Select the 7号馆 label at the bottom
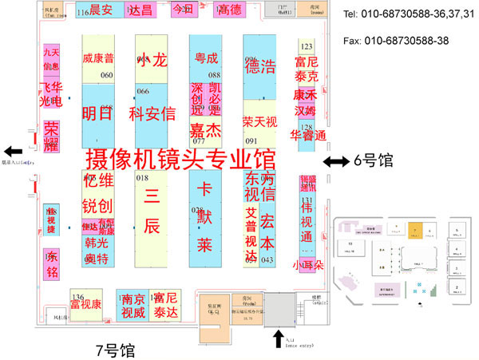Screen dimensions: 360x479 [x=115, y=350]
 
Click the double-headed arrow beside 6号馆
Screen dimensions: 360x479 [x=335, y=161]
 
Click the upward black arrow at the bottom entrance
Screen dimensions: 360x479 [x=277, y=338]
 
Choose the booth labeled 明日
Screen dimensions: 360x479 [x=97, y=113]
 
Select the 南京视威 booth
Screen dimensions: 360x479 [x=133, y=307]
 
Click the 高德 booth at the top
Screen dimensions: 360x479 [x=229, y=10]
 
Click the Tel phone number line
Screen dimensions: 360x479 [x=400, y=15]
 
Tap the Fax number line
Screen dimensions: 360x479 [x=394, y=40]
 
